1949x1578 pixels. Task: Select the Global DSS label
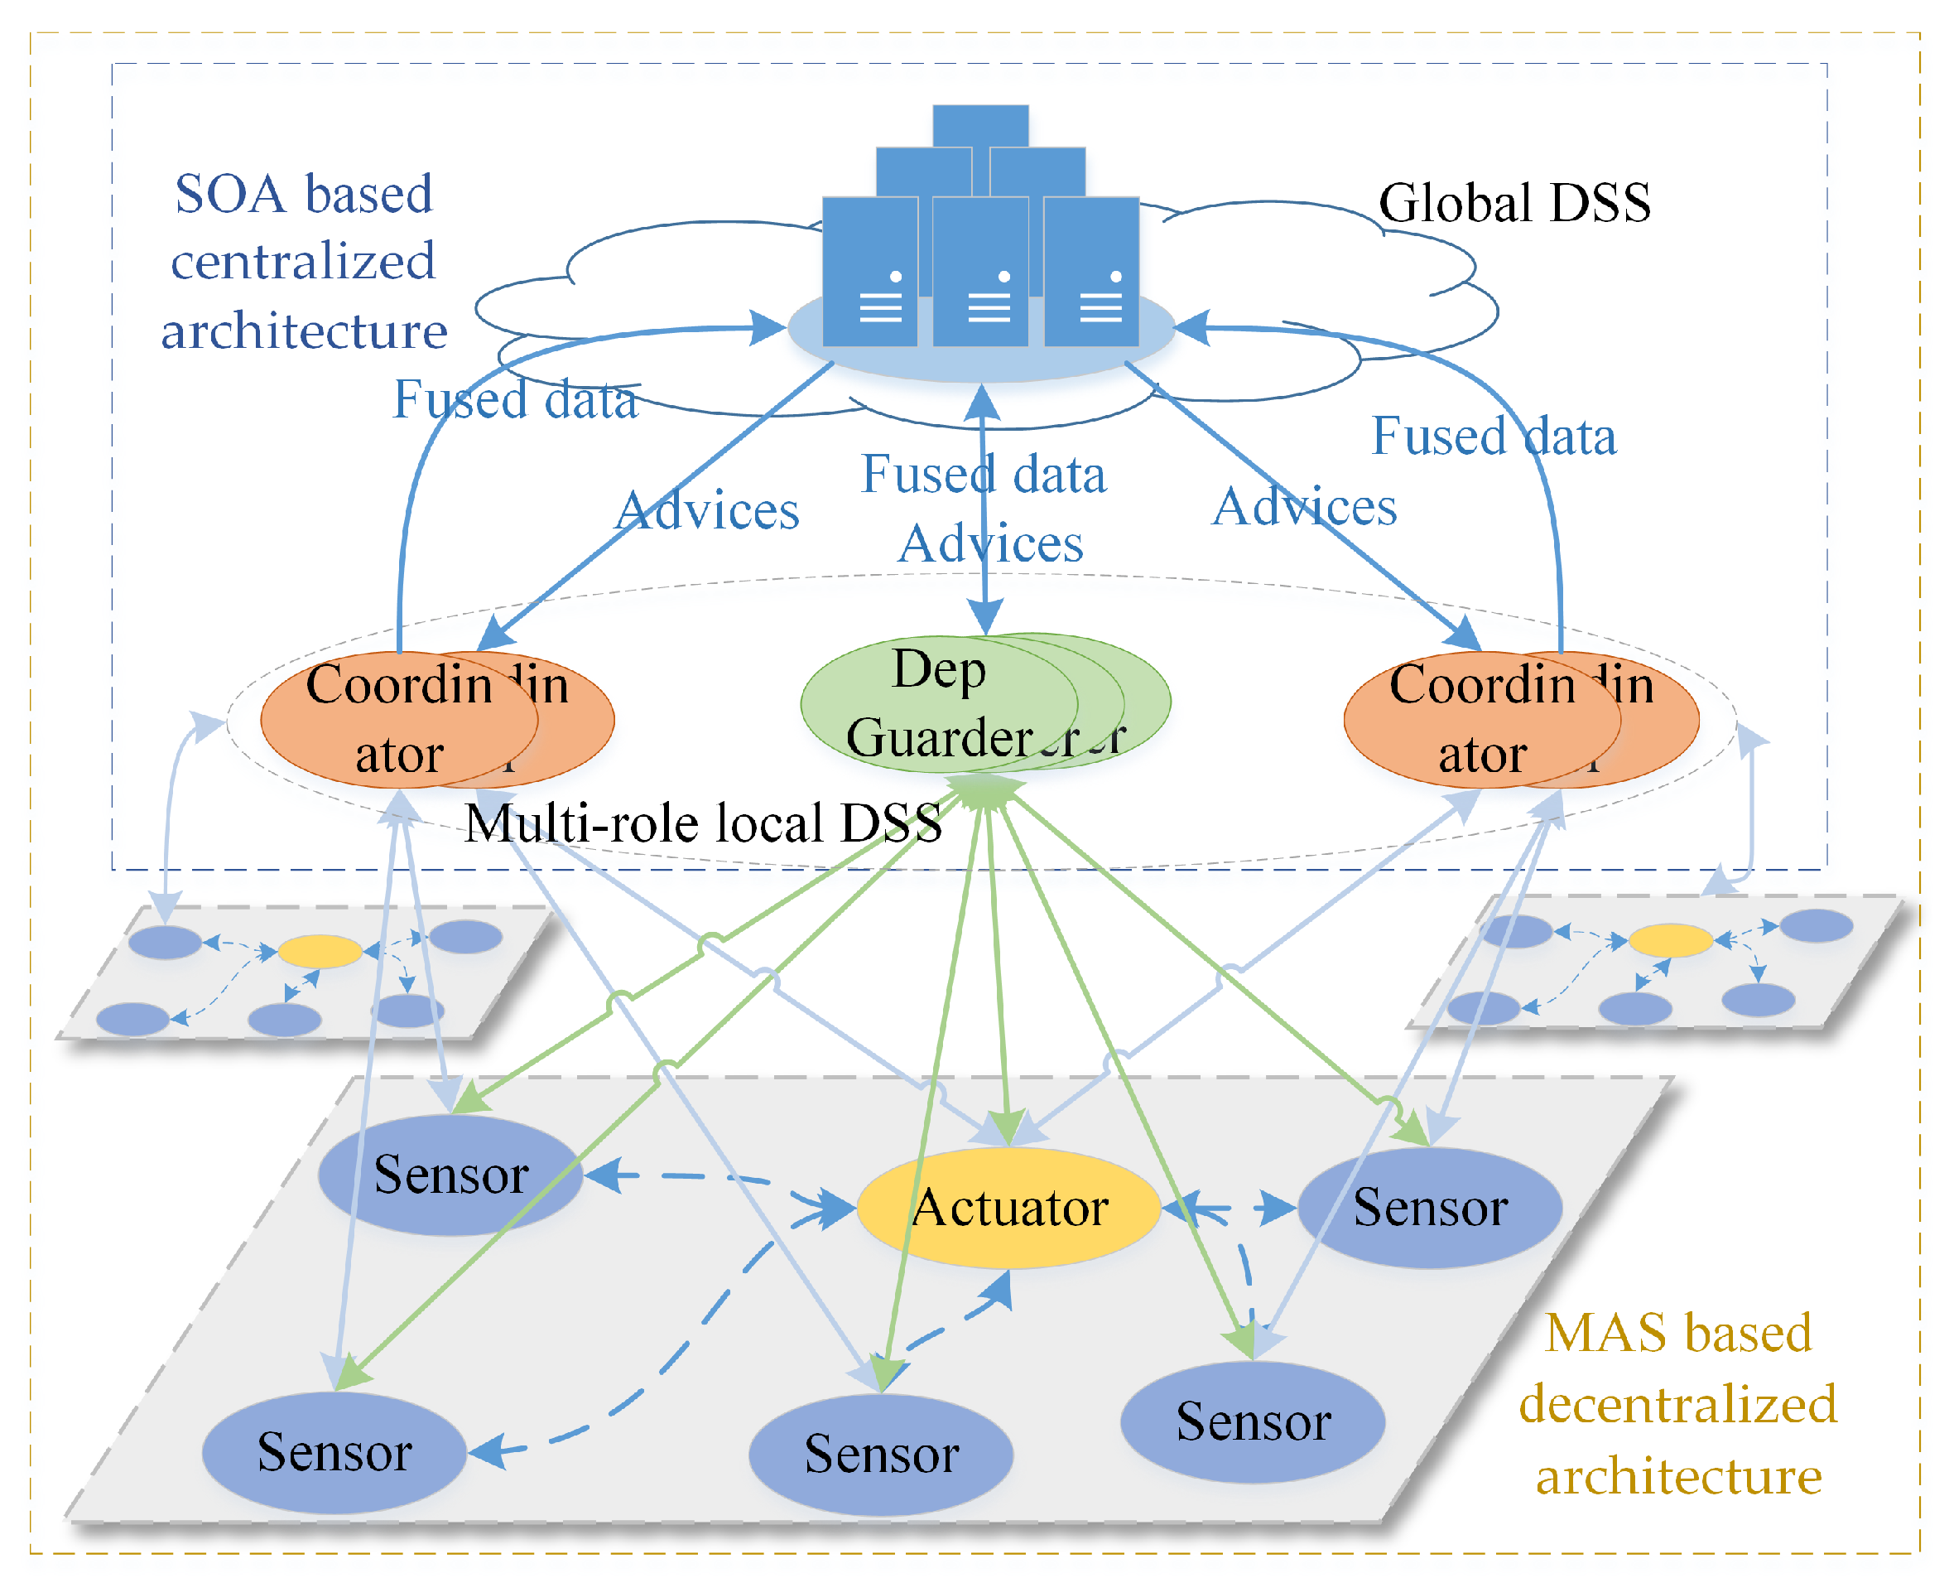pyautogui.click(x=1513, y=202)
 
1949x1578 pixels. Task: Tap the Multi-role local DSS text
pyautogui.click(x=702, y=823)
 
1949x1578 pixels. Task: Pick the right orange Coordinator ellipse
pyautogui.click(x=1482, y=719)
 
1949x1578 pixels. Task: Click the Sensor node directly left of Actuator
pyautogui.click(x=450, y=1175)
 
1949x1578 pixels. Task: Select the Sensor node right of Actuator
pyautogui.click(x=1430, y=1207)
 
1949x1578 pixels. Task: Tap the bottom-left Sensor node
pyautogui.click(x=334, y=1451)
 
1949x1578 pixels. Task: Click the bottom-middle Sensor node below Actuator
pyautogui.click(x=880, y=1454)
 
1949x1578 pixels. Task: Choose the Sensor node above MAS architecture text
pyautogui.click(x=1252, y=1421)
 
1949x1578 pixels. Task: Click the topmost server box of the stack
pyautogui.click(x=980, y=125)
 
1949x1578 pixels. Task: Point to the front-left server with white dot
pyautogui.click(x=869, y=273)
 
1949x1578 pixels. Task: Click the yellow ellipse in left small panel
pyautogui.click(x=320, y=951)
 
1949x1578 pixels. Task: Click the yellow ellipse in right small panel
pyautogui.click(x=1670, y=940)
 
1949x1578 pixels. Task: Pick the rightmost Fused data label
pyautogui.click(x=1494, y=437)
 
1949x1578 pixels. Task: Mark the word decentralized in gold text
pyautogui.click(x=1677, y=1403)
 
